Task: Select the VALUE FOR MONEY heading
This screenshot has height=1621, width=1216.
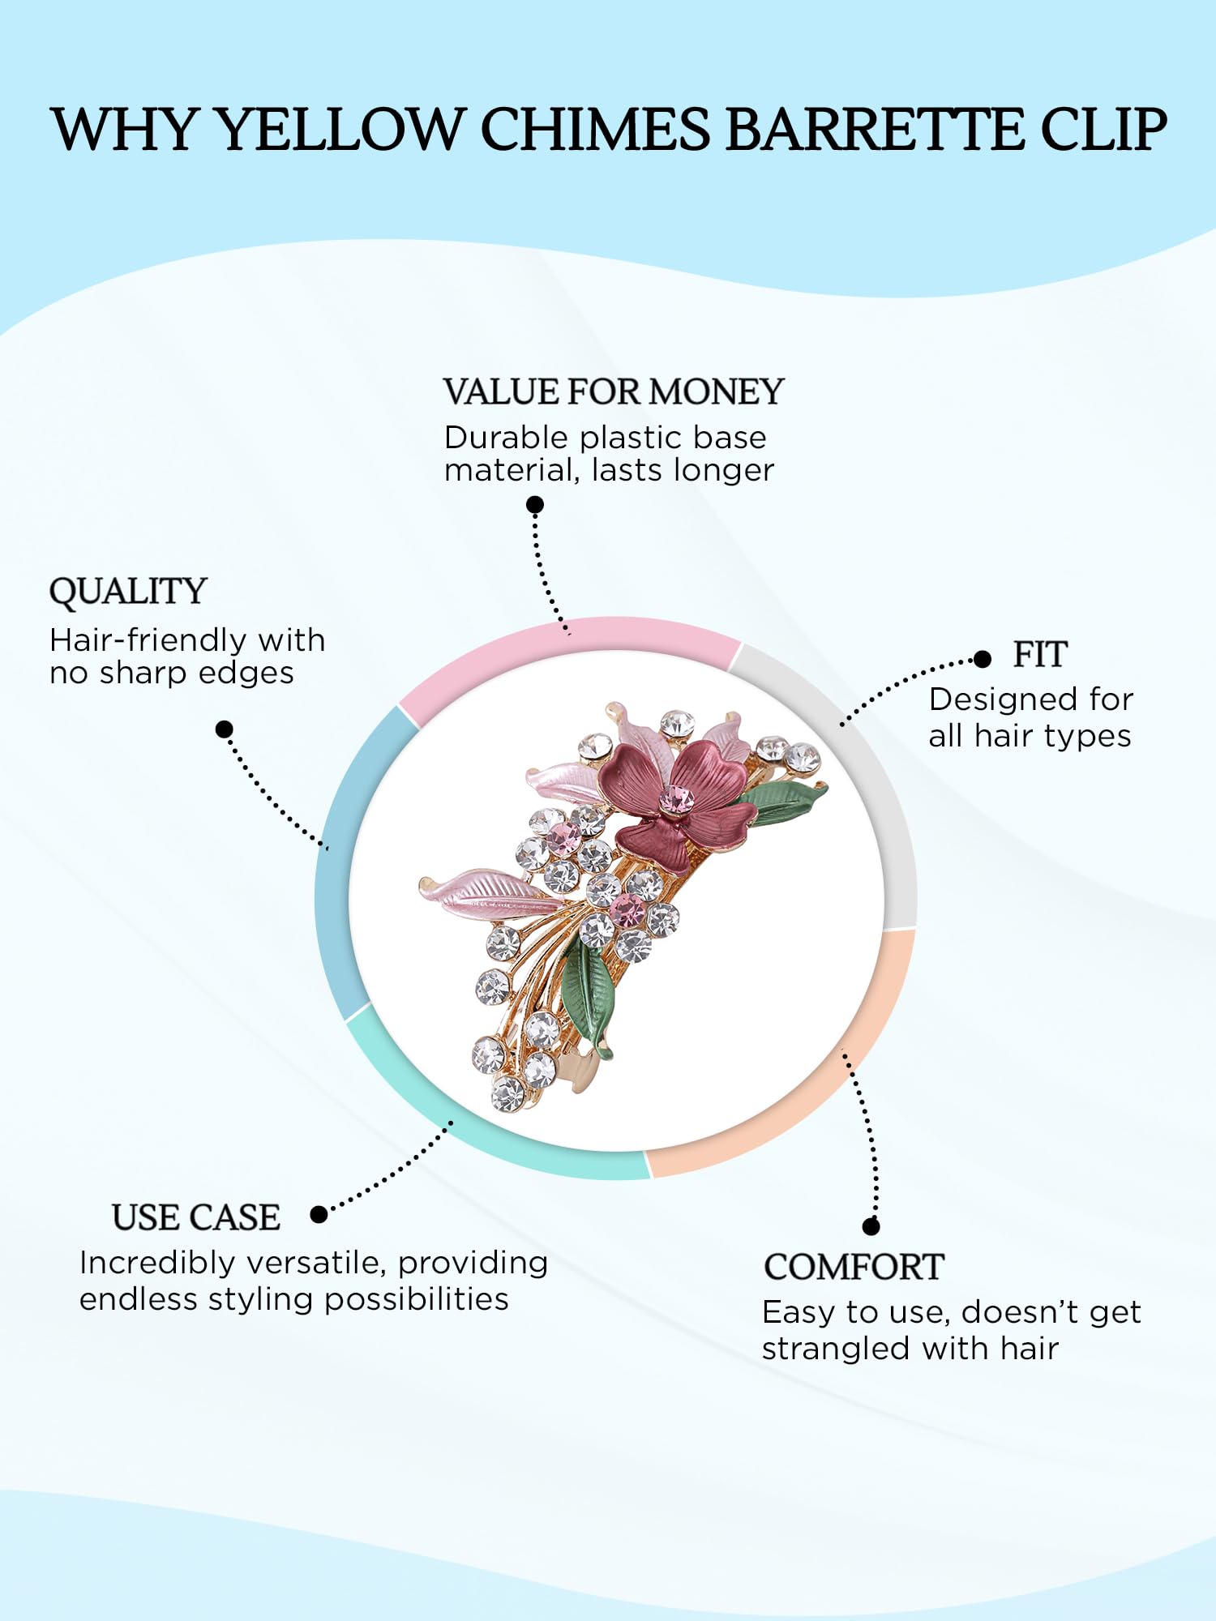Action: pyautogui.click(x=614, y=392)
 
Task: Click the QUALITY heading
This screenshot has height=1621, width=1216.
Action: pyautogui.click(x=128, y=592)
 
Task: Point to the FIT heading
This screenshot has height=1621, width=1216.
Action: pyautogui.click(x=1040, y=655)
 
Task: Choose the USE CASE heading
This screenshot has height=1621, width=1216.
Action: pyautogui.click(x=196, y=1217)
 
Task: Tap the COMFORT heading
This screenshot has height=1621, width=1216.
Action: pyautogui.click(x=854, y=1267)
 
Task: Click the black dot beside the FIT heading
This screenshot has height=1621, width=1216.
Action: pyautogui.click(x=983, y=659)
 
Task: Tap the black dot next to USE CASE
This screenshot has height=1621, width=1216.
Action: pyautogui.click(x=319, y=1214)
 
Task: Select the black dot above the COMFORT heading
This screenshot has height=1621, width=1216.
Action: pyautogui.click(x=871, y=1226)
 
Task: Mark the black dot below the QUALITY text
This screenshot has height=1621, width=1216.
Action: pyautogui.click(x=225, y=729)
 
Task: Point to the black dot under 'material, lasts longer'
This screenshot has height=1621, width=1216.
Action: pyautogui.click(x=535, y=505)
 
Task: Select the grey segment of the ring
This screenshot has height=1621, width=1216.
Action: pyautogui.click(x=859, y=754)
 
